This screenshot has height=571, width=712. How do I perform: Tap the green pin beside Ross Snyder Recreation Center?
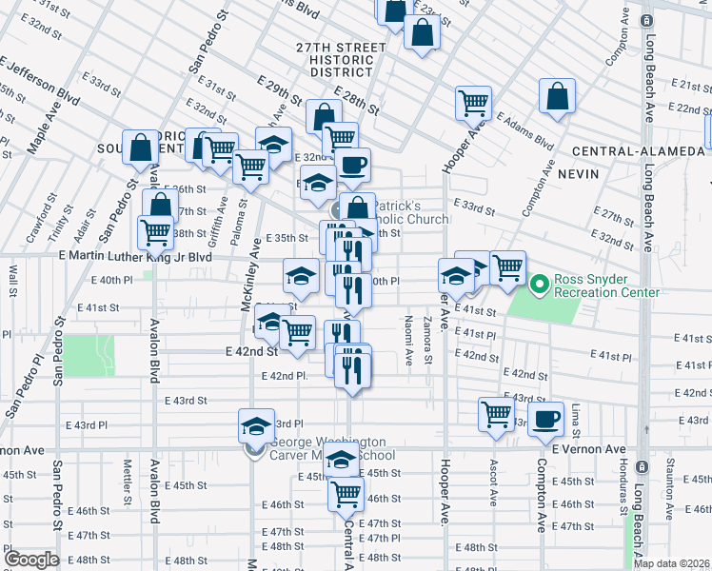coord(540,284)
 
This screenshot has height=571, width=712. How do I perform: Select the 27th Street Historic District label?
coord(334,59)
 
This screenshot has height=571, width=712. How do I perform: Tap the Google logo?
coord(31,559)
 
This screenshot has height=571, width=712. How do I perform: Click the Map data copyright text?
coord(671,563)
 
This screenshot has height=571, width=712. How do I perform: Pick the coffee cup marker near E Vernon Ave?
coord(546,419)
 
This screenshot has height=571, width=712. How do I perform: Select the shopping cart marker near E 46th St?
coord(346,494)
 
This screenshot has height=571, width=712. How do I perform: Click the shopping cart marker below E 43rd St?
coord(497,415)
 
